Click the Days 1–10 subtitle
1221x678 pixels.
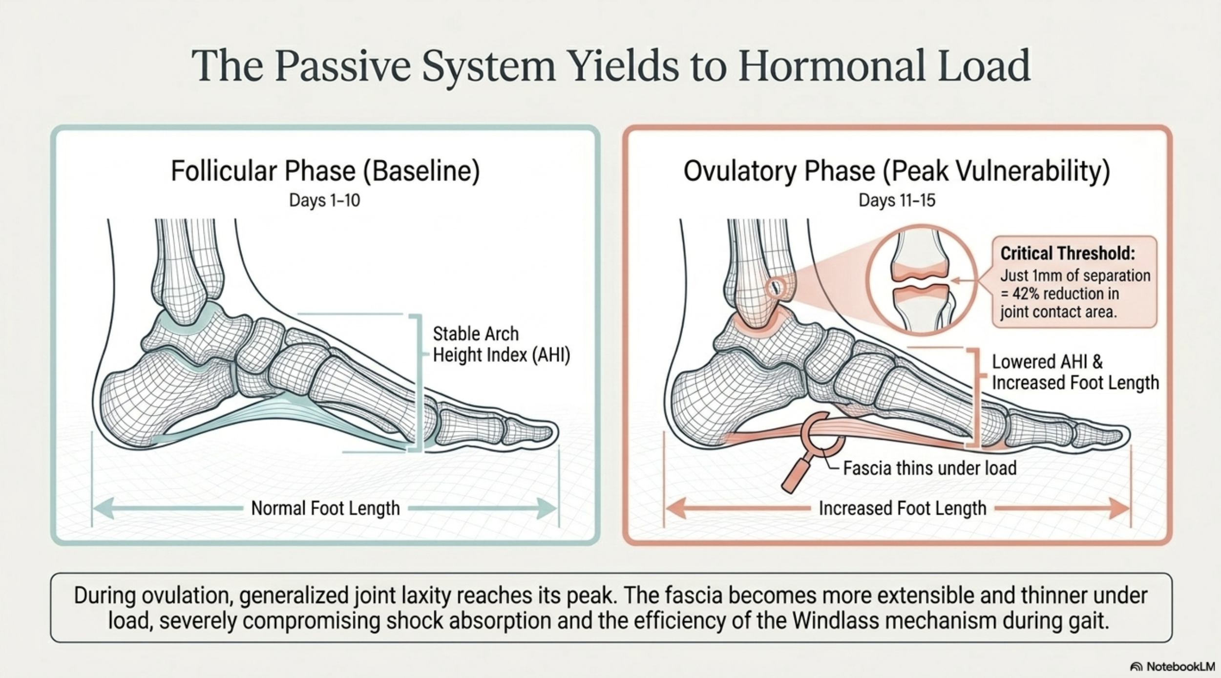324,200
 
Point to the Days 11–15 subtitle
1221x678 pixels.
897,200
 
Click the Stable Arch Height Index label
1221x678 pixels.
501,344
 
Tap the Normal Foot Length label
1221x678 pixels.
325,508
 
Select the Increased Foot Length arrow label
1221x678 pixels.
903,508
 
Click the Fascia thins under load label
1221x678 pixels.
930,468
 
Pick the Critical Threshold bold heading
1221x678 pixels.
1068,254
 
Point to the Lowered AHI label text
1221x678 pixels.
1047,362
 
